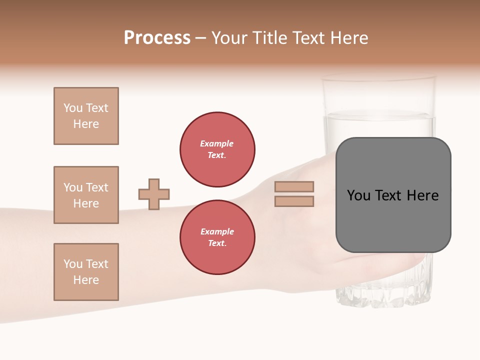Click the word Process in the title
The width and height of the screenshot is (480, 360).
click(x=157, y=38)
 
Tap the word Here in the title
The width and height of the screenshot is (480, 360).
click(x=348, y=38)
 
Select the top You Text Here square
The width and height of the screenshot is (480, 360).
click(x=86, y=116)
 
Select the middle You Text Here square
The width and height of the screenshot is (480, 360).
click(x=86, y=195)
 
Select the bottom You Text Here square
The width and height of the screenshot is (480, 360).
click(x=86, y=272)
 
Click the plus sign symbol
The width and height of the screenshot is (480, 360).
click(x=154, y=194)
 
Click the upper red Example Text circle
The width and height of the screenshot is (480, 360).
click(x=217, y=149)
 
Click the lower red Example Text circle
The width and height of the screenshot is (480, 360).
click(x=217, y=237)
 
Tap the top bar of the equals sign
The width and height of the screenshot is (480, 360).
click(x=294, y=186)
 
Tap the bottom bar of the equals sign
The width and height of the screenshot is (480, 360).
click(x=294, y=201)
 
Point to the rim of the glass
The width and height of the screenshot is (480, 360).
click(x=378, y=78)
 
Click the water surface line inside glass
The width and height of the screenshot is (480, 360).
click(x=378, y=116)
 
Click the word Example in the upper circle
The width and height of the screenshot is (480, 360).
click(x=217, y=143)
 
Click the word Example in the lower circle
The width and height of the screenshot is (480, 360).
click(x=217, y=231)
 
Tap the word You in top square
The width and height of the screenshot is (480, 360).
click(x=72, y=108)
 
